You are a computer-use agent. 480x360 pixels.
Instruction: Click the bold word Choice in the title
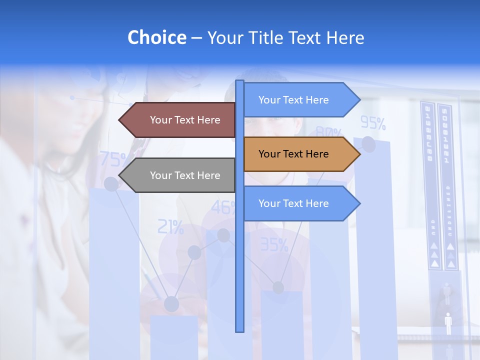pos(156,37)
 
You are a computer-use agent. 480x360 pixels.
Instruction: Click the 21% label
pos(170,227)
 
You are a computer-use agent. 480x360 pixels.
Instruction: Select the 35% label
pos(274,244)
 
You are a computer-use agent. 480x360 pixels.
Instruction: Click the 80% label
pos(328,132)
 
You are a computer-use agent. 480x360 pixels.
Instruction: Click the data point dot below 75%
pos(111,184)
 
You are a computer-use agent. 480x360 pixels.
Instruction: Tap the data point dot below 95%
pos(368,144)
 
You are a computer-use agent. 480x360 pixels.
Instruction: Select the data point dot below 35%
pos(278,287)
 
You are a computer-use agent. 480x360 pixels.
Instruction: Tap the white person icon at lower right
pos(448,323)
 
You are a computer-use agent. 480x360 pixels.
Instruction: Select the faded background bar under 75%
pos(114,275)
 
